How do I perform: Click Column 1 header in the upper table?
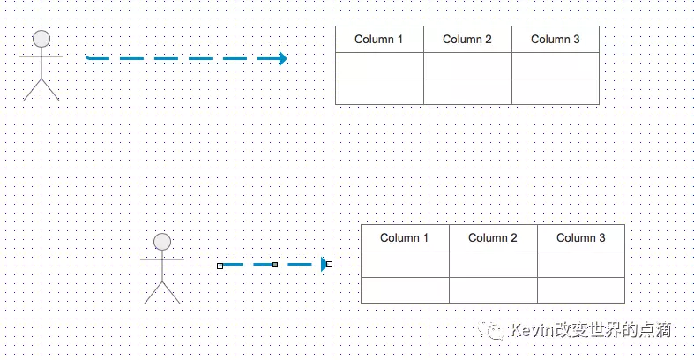pos(379,40)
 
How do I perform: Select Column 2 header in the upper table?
pos(467,40)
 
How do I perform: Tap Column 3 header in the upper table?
pos(556,40)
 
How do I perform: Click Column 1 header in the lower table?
pos(405,238)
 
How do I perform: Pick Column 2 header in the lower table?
pos(493,238)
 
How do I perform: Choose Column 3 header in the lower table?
pos(581,238)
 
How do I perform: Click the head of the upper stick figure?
pos(41,38)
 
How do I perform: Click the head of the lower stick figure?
pos(162,241)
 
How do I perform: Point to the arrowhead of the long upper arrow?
pos(282,59)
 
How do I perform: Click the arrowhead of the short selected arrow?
pos(324,264)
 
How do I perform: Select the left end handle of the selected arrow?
pos(220,265)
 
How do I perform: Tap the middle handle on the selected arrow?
pos(275,265)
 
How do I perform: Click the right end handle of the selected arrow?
pos(330,264)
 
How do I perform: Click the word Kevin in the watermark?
pos(530,331)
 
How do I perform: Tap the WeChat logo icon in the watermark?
pos(493,331)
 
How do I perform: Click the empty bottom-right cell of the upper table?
pos(556,92)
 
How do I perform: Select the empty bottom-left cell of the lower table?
pos(405,290)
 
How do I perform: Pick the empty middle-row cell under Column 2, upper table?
pos(467,66)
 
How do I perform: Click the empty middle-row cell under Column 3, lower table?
pos(581,265)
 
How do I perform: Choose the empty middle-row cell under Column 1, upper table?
pos(379,66)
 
